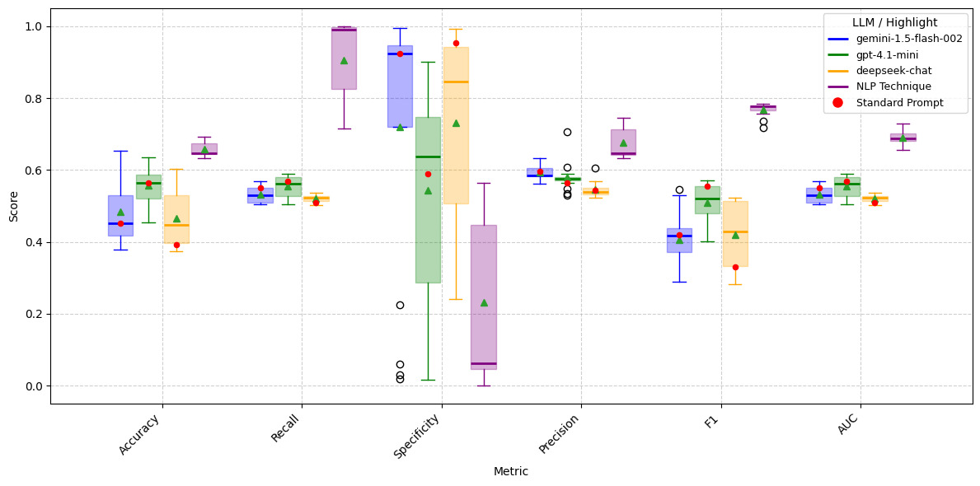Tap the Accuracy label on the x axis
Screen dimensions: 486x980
(139, 433)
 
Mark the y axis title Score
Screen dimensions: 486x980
(13, 206)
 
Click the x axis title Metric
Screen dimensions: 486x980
(511, 472)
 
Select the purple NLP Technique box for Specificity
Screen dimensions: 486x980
(484, 297)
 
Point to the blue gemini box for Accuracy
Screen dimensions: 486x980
(120, 216)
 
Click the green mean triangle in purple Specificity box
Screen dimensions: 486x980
(484, 302)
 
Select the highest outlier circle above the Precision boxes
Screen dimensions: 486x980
(567, 132)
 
